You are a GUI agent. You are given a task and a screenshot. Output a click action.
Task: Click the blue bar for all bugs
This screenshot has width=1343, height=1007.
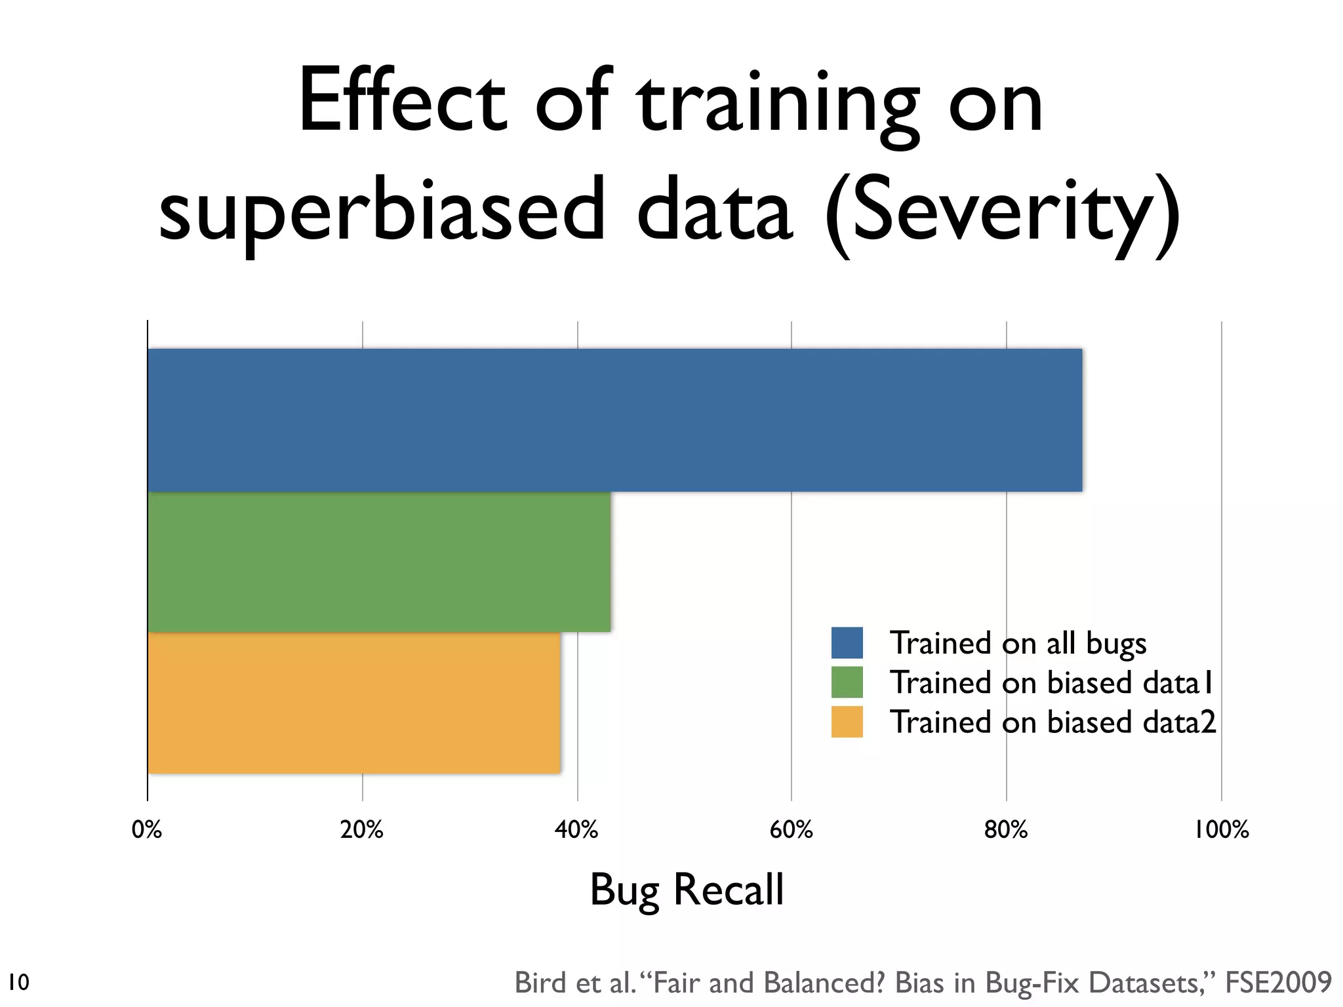coord(614,420)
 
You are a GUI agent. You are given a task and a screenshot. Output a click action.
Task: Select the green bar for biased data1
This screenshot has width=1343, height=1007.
coord(379,562)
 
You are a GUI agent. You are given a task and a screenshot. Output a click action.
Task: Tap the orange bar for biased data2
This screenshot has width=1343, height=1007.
coord(354,703)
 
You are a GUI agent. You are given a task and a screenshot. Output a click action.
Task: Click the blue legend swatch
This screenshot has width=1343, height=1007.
coord(847,642)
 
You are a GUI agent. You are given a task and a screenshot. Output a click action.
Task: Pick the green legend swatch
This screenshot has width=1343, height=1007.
coord(847,682)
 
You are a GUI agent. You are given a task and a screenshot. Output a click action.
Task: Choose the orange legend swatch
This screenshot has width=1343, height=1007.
coord(847,722)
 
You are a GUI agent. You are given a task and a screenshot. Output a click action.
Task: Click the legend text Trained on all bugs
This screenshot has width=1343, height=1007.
coord(1018,643)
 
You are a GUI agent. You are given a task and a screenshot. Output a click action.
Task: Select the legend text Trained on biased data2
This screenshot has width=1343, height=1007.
coord(1052,722)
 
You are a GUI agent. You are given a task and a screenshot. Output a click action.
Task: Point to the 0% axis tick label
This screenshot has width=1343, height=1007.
coord(147,830)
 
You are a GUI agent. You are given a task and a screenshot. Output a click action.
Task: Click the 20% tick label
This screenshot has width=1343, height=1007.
coord(362,830)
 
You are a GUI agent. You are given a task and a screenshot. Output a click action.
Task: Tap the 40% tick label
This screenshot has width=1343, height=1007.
coord(576,830)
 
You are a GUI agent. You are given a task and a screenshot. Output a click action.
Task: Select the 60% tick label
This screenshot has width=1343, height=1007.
coord(792,830)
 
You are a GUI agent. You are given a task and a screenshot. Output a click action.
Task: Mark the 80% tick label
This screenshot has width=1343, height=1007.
coord(1006,830)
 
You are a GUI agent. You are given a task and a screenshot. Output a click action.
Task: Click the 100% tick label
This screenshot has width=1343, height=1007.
coord(1221,830)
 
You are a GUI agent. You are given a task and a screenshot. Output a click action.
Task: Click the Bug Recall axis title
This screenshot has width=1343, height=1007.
coord(687,890)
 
